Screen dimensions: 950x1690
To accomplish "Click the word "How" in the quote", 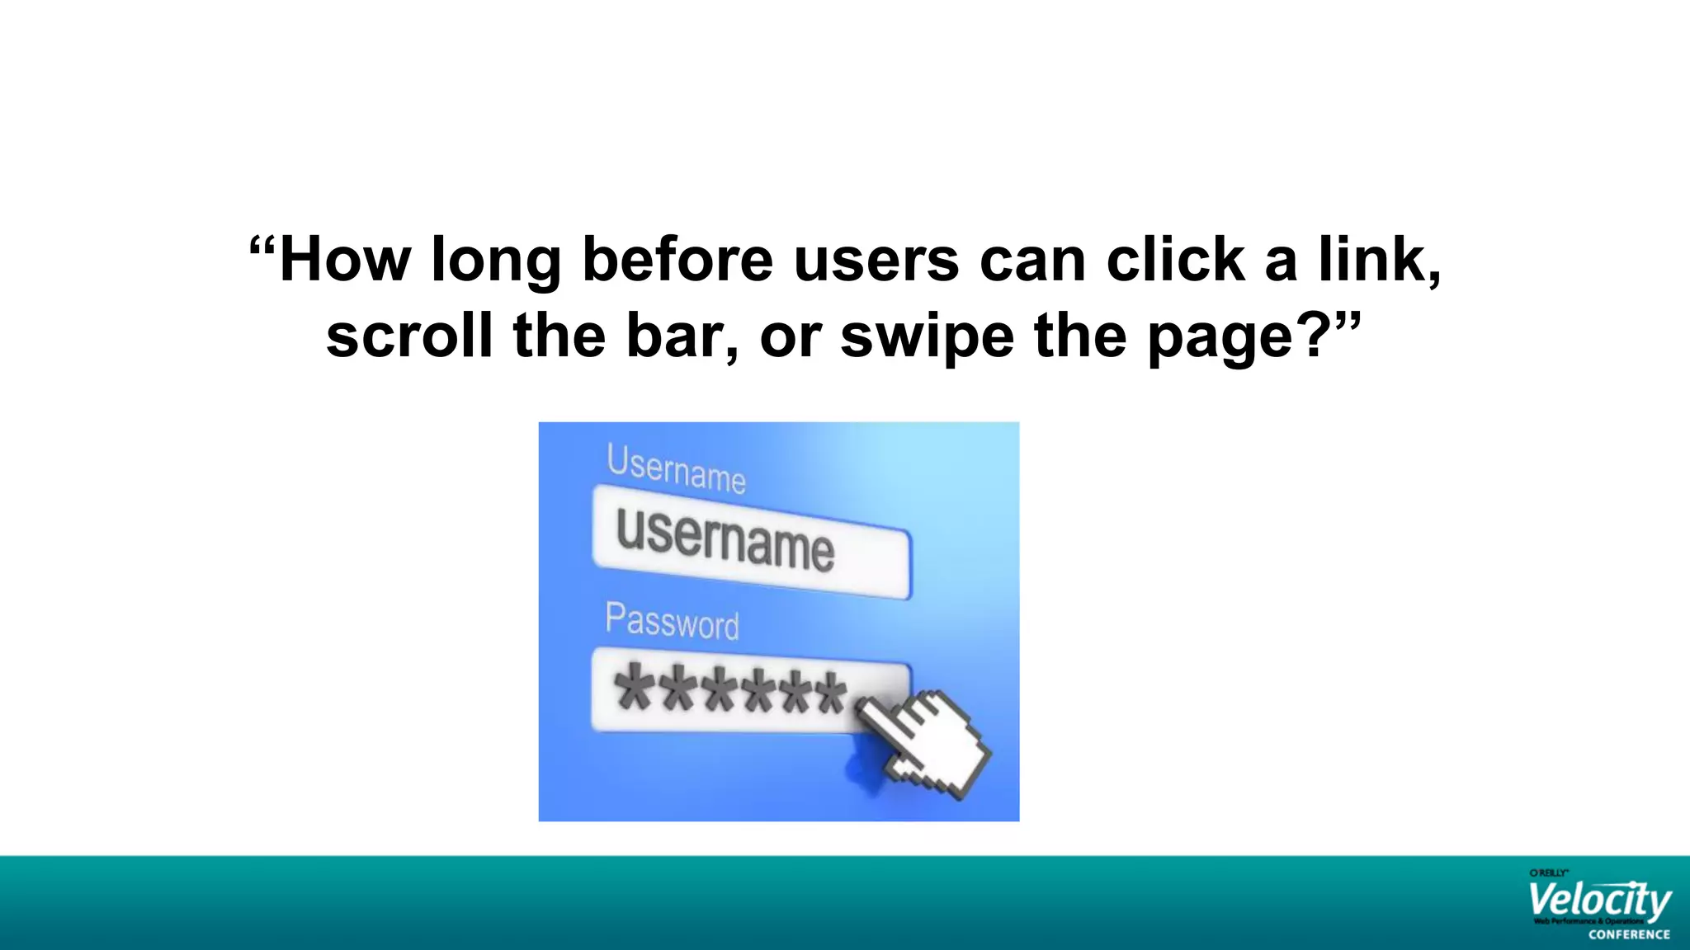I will tap(345, 260).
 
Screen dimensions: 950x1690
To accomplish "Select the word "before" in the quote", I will tap(677, 260).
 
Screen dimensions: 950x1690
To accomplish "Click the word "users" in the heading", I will tap(876, 261).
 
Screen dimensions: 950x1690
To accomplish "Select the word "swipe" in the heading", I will tap(927, 337).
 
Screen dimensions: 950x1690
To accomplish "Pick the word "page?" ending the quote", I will tap(1239, 337).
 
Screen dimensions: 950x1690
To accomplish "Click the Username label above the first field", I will tap(676, 468).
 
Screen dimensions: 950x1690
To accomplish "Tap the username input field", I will tap(751, 542).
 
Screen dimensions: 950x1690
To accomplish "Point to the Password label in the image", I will tap(672, 620).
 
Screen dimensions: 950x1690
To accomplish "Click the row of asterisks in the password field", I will tap(731, 691).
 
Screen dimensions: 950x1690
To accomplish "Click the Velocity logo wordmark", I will tap(1598, 901).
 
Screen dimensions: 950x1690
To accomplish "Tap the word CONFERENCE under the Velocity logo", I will tap(1628, 935).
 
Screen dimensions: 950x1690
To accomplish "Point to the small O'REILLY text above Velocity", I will tap(1548, 872).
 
